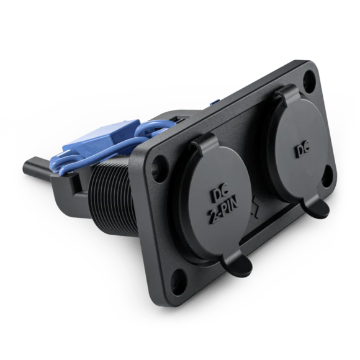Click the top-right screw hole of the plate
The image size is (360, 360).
(x=309, y=79)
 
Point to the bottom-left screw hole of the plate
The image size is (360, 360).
(x=177, y=278)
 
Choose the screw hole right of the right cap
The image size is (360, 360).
(x=328, y=174)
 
